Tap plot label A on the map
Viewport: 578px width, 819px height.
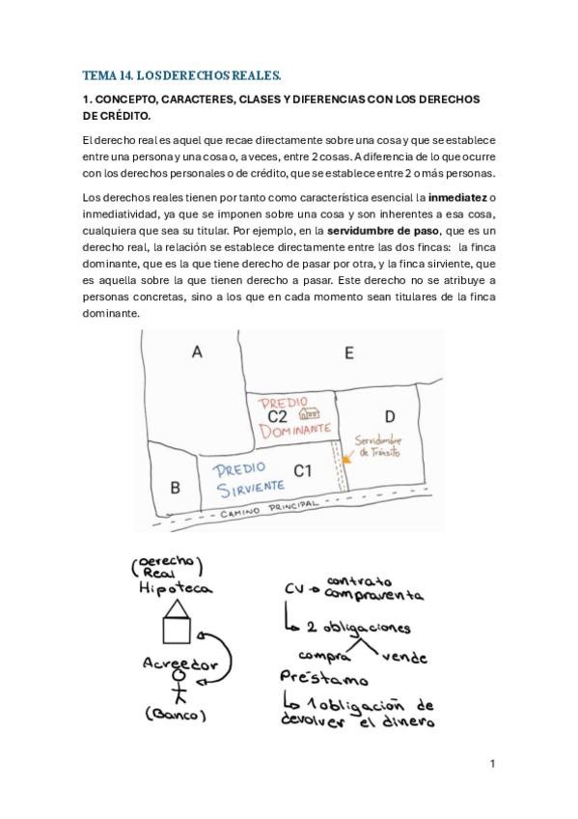[197, 353]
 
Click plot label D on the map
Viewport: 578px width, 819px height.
[389, 416]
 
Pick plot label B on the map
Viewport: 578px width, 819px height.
[175, 488]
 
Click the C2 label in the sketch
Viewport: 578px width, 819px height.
[277, 416]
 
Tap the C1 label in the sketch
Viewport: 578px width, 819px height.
[302, 471]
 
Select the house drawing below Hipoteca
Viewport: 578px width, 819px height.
[177, 621]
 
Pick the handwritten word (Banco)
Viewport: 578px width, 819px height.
[175, 716]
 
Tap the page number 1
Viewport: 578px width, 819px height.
[491, 764]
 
